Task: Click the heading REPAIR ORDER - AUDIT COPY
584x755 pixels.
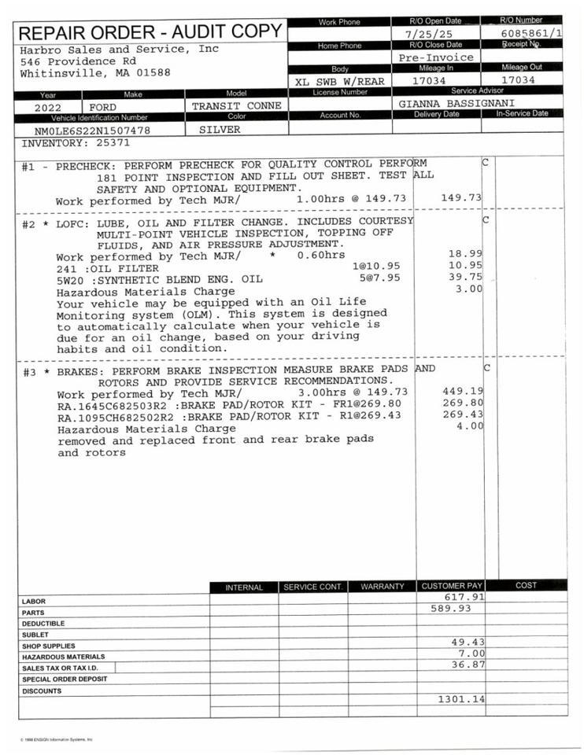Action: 150,32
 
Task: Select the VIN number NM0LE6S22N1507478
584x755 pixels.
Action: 92,131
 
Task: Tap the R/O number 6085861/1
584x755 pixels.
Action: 531,35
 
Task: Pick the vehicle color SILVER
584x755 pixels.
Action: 220,130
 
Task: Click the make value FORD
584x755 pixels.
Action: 103,107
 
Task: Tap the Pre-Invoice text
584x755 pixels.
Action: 436,57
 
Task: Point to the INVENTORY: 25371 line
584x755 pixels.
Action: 76,143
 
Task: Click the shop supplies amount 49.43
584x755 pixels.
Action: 464,642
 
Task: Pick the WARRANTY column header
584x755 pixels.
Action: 382,587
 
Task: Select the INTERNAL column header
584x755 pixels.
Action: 244,587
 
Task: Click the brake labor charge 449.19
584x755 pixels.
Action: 463,391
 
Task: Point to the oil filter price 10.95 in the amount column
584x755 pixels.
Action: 464,266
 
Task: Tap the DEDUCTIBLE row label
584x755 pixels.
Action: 44,624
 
